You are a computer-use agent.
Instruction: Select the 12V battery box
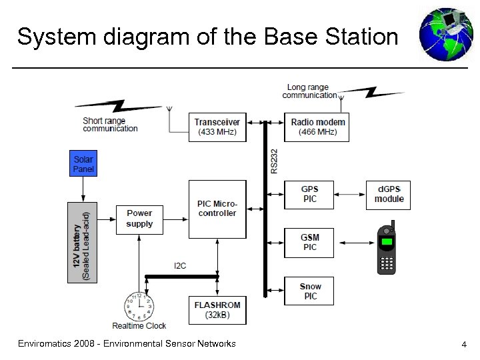tap(82, 242)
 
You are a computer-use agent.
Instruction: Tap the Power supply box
tap(139, 218)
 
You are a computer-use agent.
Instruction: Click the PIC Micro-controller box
tap(217, 209)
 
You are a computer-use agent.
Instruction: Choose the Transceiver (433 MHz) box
tap(217, 127)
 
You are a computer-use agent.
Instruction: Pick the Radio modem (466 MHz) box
tap(318, 127)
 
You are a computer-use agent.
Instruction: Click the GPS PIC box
tap(309, 194)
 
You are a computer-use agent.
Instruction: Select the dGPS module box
tap(388, 194)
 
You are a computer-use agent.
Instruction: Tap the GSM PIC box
tap(309, 243)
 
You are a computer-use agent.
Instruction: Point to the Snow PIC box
tap(309, 291)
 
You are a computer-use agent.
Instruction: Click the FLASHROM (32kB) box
tap(217, 310)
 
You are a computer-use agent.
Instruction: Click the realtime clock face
tap(139, 307)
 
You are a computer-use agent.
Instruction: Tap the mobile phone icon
tap(387, 247)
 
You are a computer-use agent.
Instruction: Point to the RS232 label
tap(275, 162)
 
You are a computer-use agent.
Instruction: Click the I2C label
tap(180, 265)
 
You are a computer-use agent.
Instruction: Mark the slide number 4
tap(463, 345)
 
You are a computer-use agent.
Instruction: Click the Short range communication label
tap(110, 125)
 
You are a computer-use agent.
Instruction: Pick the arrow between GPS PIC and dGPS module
tap(349, 194)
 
